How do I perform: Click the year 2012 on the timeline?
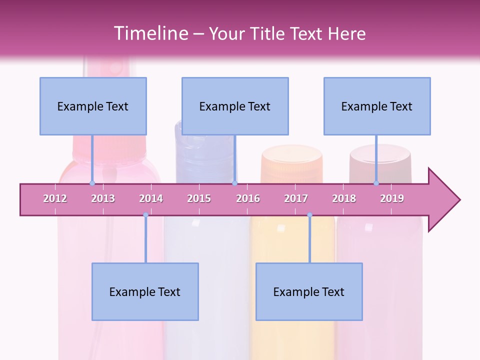[55, 198]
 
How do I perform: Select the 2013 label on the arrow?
[103, 198]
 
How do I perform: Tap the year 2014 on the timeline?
[151, 198]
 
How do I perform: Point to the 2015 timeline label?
[199, 198]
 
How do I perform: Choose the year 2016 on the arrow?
[248, 198]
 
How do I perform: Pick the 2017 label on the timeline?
[296, 198]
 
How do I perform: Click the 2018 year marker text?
[344, 198]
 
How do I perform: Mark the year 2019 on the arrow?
[392, 198]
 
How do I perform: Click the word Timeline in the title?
[150, 33]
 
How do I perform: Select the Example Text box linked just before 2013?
[93, 106]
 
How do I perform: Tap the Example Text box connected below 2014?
[145, 291]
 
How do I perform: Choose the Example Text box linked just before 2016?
[235, 106]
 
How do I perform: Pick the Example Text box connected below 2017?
[309, 291]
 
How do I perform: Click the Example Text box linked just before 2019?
[377, 106]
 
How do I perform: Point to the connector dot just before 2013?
[92, 183]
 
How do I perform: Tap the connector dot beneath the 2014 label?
[145, 215]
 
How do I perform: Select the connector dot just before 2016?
[234, 183]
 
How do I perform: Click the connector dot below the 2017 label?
[309, 215]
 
